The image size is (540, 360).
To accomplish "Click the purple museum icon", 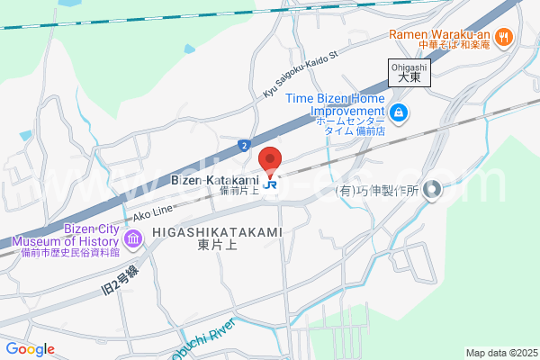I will [x=133, y=239].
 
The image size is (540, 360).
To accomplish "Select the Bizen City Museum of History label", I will [x=66, y=240].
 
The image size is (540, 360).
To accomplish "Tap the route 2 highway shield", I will [x=245, y=144].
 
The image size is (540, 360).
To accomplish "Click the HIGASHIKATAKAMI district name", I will [x=217, y=232].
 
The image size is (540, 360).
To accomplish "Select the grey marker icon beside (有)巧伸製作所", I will [x=433, y=190].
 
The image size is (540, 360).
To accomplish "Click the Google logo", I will [x=30, y=349].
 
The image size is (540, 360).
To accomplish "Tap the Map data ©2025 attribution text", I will [x=500, y=353].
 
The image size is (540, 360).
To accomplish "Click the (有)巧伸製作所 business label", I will [x=378, y=191].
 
